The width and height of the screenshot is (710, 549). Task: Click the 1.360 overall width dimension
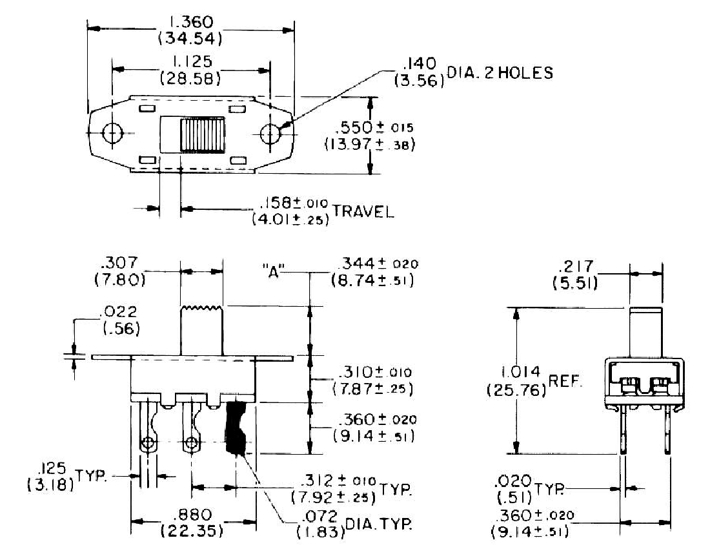(190, 30)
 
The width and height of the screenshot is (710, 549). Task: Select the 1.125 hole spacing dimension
(190, 70)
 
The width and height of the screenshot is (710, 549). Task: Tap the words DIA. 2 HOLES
(500, 73)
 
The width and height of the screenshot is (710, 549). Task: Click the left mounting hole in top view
(112, 133)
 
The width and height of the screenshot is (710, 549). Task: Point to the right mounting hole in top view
(271, 133)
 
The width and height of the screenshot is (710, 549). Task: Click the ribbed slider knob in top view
(203, 134)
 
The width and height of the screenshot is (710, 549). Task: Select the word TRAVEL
(363, 211)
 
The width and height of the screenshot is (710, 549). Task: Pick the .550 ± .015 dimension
(369, 136)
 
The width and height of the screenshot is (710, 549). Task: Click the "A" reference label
(273, 273)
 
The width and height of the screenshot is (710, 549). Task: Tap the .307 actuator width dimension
(119, 271)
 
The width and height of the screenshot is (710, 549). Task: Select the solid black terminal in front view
(236, 428)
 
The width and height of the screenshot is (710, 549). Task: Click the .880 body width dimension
(192, 523)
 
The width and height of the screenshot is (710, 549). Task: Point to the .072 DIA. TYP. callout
(354, 524)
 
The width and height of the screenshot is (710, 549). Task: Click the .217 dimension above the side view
(575, 274)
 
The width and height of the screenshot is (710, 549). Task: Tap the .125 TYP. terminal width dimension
(67, 476)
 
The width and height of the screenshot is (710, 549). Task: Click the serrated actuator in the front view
(202, 330)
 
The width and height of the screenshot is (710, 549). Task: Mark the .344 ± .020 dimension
(374, 271)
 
